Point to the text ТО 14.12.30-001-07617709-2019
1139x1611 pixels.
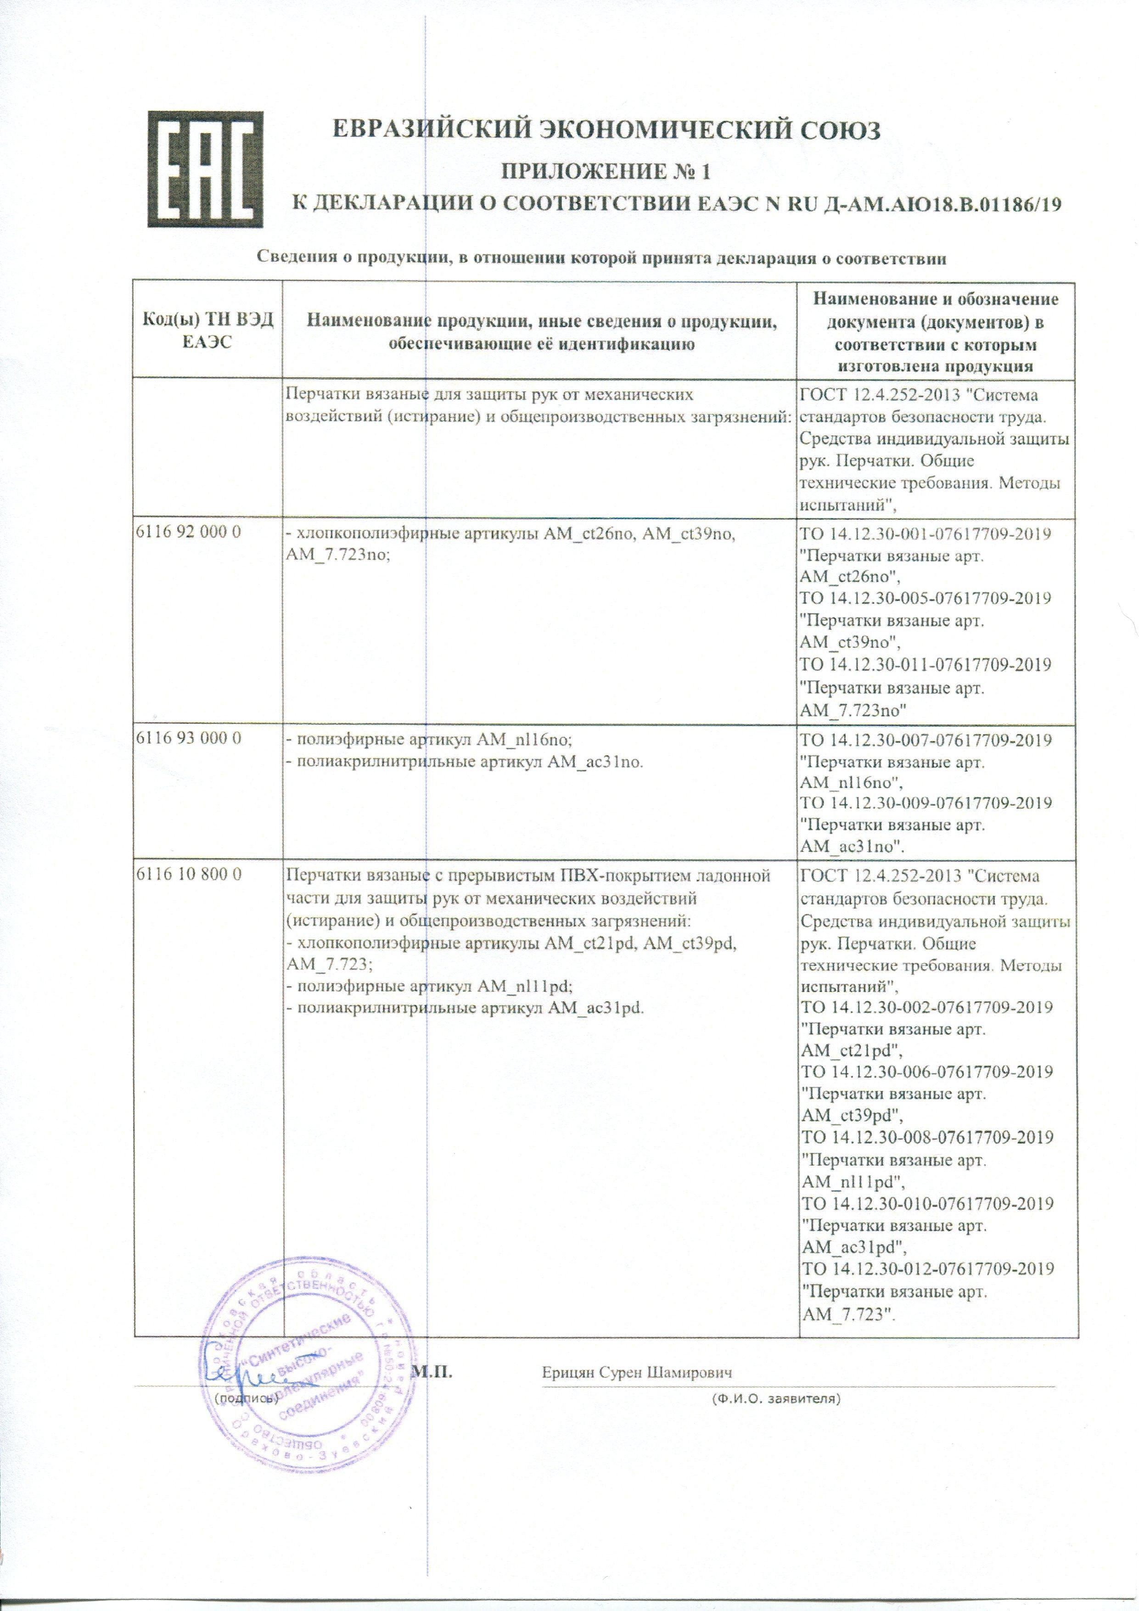[925, 534]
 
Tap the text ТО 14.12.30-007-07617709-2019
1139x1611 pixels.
[926, 740]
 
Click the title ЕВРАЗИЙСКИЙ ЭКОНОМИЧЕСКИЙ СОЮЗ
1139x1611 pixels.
[605, 130]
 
